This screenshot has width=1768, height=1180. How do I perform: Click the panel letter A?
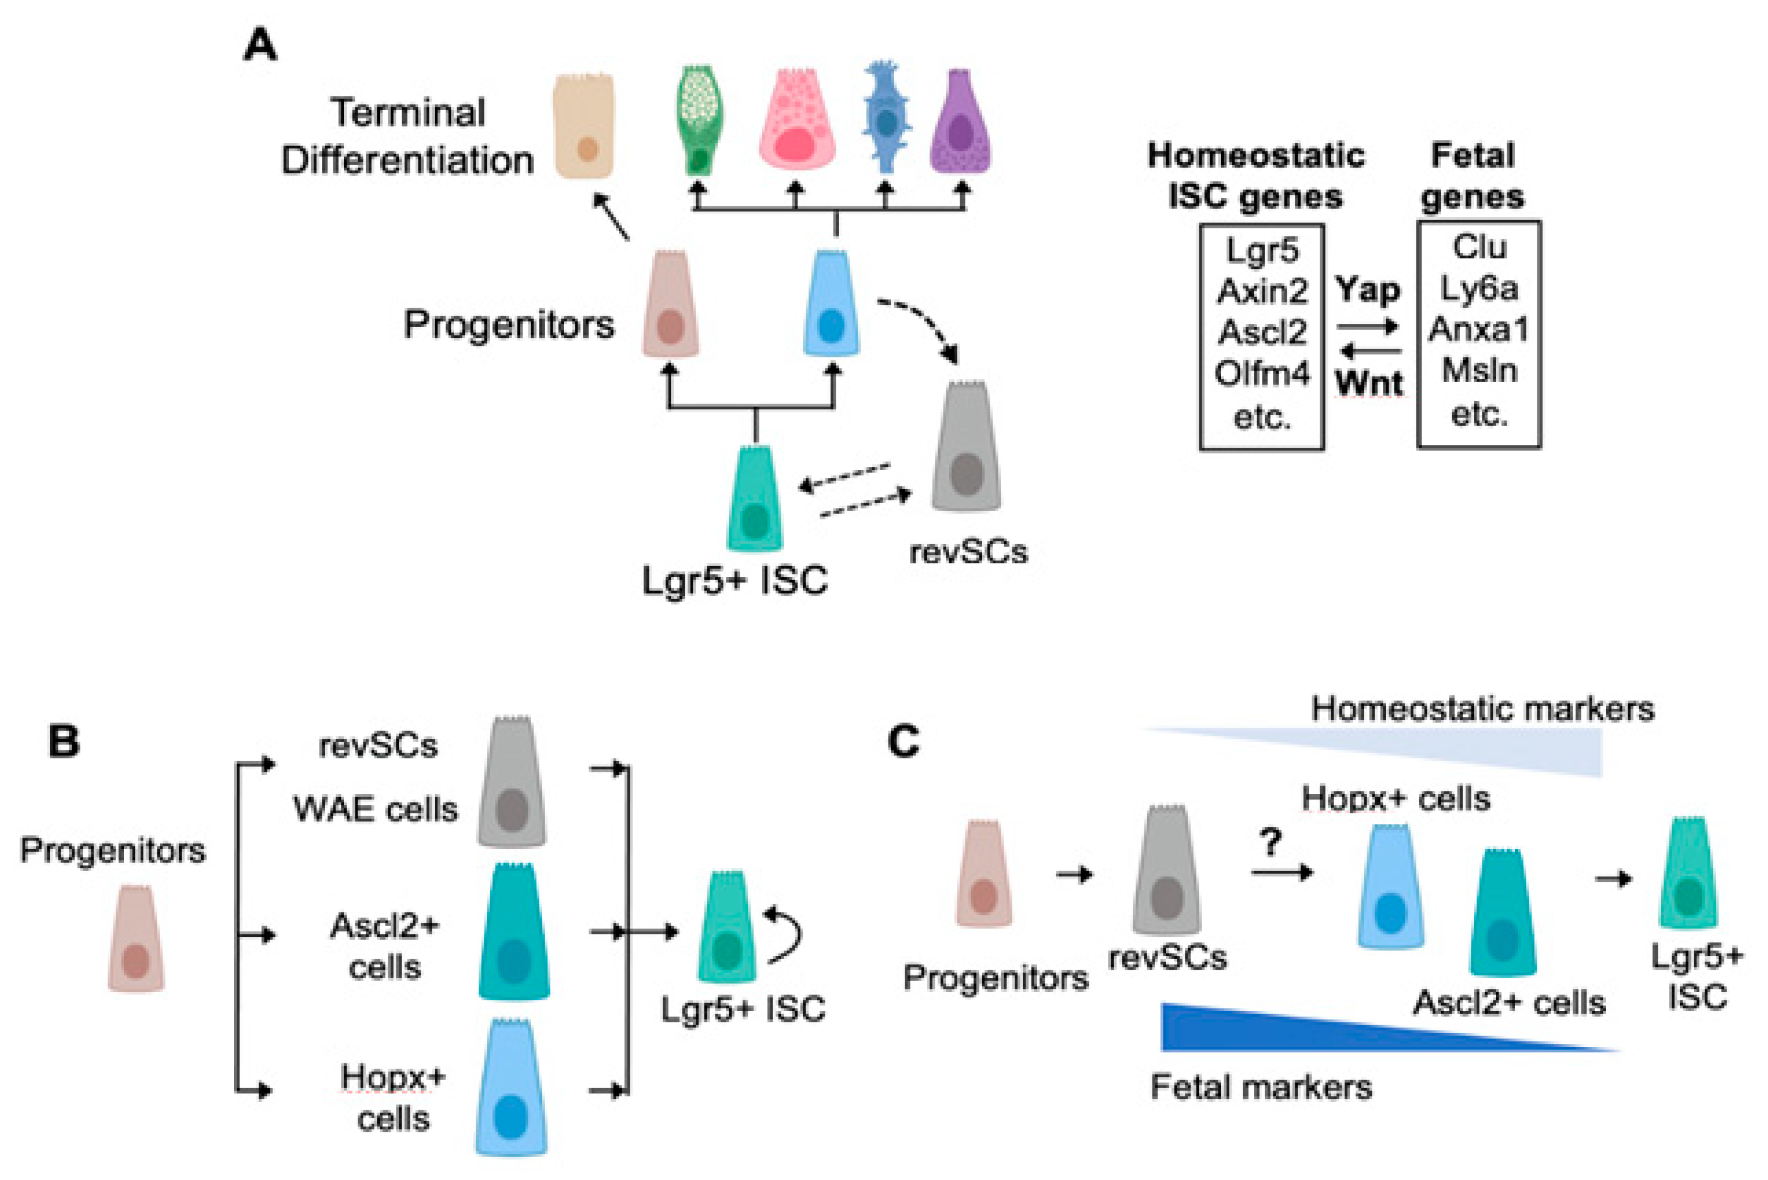pos(260,45)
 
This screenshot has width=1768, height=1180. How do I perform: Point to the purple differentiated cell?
pos(960,121)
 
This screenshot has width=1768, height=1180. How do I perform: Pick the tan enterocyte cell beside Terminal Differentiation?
pos(584,126)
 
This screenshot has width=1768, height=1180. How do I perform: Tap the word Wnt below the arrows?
pos(1369,383)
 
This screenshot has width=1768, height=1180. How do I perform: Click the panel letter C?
pos(904,741)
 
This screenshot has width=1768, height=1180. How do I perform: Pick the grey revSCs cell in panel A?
pos(966,446)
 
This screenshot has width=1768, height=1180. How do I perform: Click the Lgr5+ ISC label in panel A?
pos(735,580)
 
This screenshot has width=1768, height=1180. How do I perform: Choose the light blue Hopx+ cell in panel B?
pos(512,1086)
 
